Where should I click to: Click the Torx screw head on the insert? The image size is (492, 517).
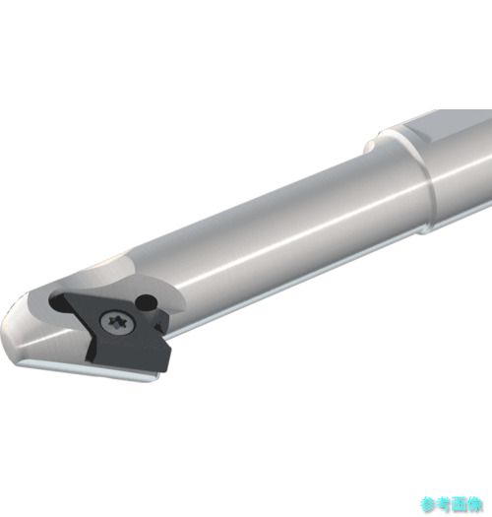click(x=118, y=321)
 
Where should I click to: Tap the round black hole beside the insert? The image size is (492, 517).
click(x=147, y=301)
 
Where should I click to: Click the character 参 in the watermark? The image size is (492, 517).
click(x=428, y=504)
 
